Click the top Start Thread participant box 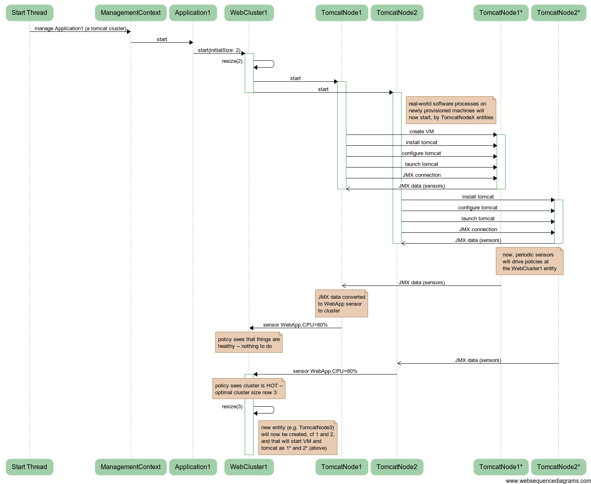[29, 13]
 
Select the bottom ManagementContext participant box [131, 467]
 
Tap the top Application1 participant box [193, 13]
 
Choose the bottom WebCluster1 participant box [249, 467]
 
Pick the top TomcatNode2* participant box [558, 13]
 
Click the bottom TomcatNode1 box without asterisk [341, 467]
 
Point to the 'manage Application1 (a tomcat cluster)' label [80, 29]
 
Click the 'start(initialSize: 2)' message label [219, 50]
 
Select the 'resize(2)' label [232, 61]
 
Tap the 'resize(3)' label [232, 407]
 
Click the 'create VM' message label [421, 132]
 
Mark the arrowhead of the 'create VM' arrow [495, 135]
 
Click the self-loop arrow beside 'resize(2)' [270, 64]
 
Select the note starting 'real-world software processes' [451, 110]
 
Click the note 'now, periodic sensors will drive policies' [529, 262]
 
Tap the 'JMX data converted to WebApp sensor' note [341, 304]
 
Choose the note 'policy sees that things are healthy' [249, 343]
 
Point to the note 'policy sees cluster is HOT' [249, 389]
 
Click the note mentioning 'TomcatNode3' [298, 438]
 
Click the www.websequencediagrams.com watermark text [548, 481]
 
